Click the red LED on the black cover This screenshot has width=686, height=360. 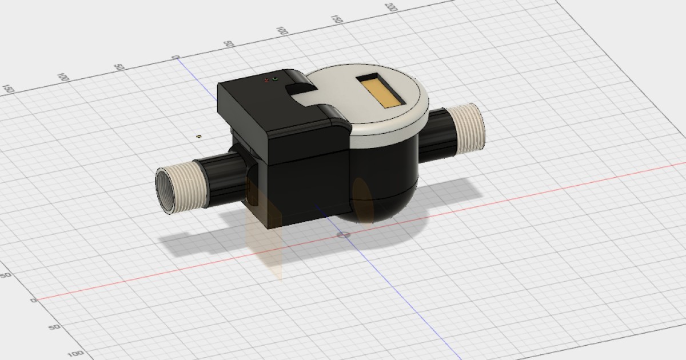pyautogui.click(x=266, y=81)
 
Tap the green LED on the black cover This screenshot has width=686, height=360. pyautogui.click(x=275, y=79)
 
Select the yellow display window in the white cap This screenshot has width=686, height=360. pyautogui.click(x=381, y=92)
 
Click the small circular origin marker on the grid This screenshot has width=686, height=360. pyautogui.click(x=343, y=235)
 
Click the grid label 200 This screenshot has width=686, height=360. pyautogui.click(x=391, y=7)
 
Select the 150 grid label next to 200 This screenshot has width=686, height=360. pyautogui.click(x=337, y=19)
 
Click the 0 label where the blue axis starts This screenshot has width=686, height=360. pyautogui.click(x=176, y=57)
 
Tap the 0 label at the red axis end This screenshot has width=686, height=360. pyautogui.click(x=33, y=300)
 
